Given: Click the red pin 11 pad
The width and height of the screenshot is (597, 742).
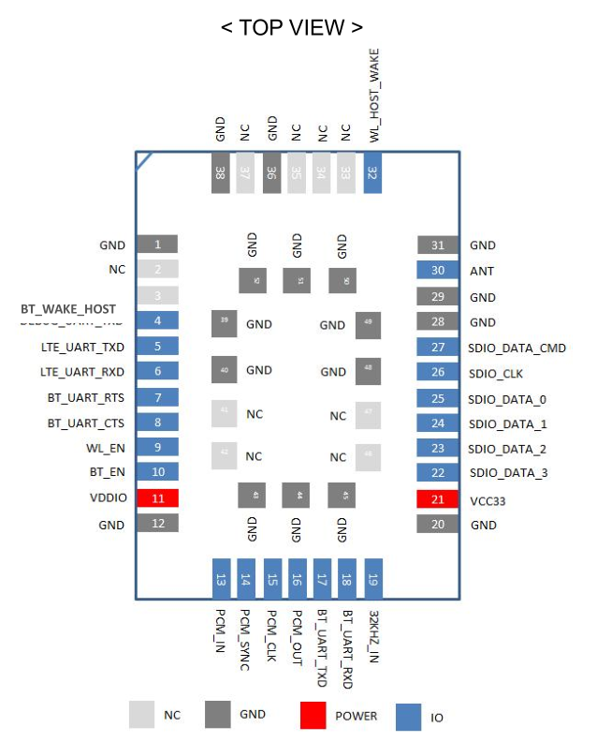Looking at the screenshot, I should click(157, 498).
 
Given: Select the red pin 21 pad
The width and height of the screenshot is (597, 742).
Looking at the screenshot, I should click(437, 499).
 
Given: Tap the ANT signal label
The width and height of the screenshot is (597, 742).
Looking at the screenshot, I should click(482, 271).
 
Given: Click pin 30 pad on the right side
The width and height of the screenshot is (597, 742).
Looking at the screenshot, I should click(437, 271).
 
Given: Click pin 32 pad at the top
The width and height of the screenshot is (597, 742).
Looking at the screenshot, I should click(372, 173).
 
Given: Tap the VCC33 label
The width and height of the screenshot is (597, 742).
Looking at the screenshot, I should click(488, 500).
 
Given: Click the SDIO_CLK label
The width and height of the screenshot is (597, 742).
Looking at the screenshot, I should click(496, 373).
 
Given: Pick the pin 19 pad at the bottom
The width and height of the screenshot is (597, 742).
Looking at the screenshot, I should click(372, 579).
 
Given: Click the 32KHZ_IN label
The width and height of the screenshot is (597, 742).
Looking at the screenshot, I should click(373, 638).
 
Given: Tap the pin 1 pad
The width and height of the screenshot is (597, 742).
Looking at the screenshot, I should click(157, 245).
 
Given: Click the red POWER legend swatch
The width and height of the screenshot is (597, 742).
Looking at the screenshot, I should click(313, 716).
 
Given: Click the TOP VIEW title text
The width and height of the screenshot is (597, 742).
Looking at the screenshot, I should click(291, 27).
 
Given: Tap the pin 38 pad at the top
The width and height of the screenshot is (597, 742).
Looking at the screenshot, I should click(220, 173).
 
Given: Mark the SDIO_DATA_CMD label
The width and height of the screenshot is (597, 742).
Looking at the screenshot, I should click(517, 348).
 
